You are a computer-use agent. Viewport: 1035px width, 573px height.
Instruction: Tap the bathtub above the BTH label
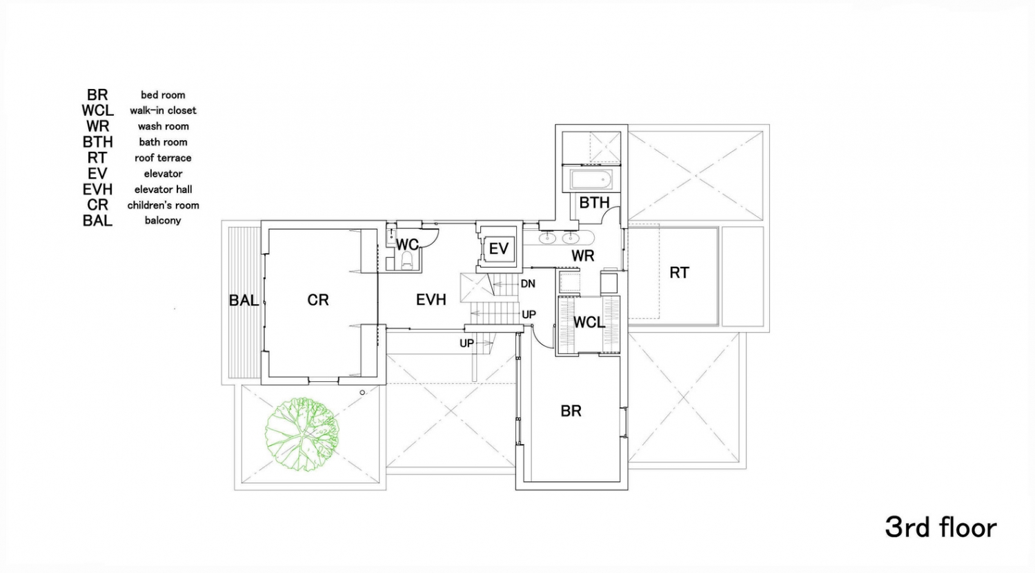click(x=591, y=181)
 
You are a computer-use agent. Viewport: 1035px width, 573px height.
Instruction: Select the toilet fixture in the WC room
click(x=406, y=260)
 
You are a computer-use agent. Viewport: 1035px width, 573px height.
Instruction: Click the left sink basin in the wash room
click(x=547, y=239)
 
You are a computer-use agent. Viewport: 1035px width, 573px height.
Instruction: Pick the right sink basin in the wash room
click(x=571, y=239)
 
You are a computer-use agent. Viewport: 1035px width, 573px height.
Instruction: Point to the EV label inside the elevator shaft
click(x=498, y=248)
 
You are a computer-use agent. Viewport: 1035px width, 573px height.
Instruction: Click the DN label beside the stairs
click(x=528, y=283)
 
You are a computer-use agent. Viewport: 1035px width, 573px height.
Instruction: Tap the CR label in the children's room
click(x=318, y=300)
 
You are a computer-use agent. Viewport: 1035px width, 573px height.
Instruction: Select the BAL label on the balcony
click(x=244, y=301)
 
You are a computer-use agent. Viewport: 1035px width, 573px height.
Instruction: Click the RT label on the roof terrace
click(x=679, y=273)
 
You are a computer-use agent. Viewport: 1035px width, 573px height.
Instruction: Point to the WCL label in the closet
click(x=589, y=323)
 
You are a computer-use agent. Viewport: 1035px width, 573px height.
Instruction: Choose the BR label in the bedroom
click(x=571, y=411)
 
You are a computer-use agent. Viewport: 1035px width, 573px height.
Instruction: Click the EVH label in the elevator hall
click(x=431, y=300)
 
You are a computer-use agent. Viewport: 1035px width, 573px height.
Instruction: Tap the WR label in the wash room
click(x=583, y=256)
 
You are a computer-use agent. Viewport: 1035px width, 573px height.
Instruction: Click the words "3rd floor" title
click(x=940, y=527)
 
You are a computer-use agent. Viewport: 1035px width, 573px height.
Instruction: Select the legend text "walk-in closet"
click(x=163, y=110)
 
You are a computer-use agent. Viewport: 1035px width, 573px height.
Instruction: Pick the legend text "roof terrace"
click(x=163, y=158)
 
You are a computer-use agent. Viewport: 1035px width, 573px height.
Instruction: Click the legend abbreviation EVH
click(x=97, y=190)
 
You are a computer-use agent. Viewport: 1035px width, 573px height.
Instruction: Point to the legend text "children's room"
click(x=163, y=205)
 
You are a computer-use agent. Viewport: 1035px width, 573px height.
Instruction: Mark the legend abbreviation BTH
click(x=97, y=142)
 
